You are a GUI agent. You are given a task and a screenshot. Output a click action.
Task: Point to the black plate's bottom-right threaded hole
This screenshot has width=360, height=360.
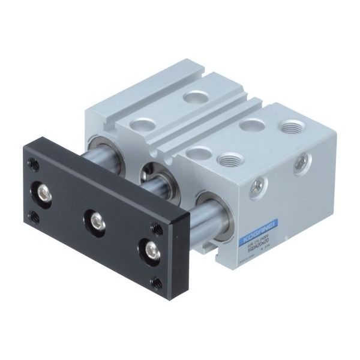158,281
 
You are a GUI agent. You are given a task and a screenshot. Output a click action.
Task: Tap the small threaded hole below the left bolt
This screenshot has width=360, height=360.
35,217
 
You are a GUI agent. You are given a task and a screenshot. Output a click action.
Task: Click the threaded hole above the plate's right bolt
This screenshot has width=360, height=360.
157,228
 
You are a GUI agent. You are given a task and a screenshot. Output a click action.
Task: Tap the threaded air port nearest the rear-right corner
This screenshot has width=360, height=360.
292,127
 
